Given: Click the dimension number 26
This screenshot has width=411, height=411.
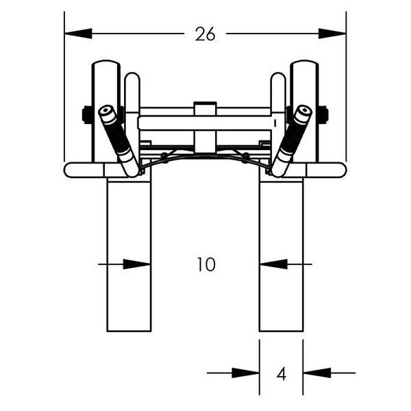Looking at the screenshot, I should (205, 34).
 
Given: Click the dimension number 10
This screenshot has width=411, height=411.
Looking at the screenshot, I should (206, 264).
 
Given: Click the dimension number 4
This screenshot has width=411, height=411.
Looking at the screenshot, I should (281, 374).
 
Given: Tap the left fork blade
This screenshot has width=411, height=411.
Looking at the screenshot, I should (129, 260).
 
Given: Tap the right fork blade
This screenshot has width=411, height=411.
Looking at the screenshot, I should (281, 260).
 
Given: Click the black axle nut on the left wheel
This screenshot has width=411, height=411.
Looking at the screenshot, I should (87, 114).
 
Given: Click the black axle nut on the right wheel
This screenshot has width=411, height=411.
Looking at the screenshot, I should (323, 114).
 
